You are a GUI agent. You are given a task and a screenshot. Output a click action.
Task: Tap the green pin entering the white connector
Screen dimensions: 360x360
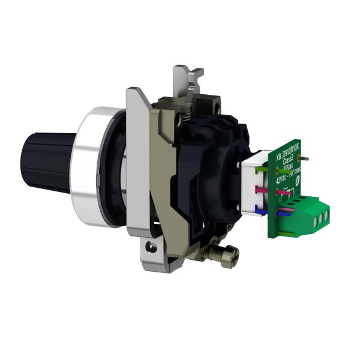pos(264,170)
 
